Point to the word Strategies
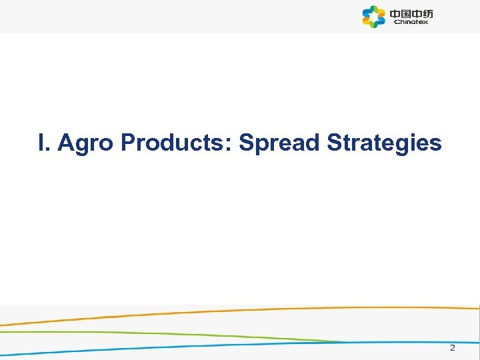pos(384,143)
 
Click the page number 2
pos(452,348)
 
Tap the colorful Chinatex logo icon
pos(374,17)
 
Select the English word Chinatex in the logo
pos(411,22)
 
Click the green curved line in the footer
pos(133,332)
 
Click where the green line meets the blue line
pos(343,342)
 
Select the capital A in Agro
pos(65,143)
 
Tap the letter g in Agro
pos(82,145)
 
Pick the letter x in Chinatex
pos(426,22)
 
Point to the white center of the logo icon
pos(374,17)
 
